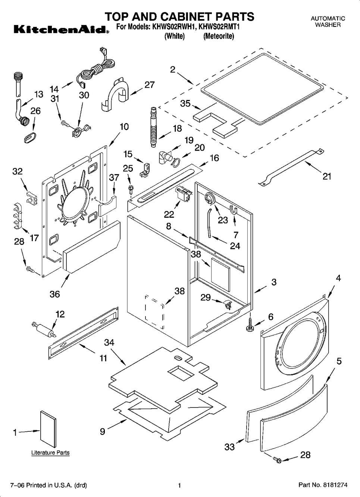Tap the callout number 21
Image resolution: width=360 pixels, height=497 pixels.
[x=327, y=176]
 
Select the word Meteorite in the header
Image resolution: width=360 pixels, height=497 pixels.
[x=219, y=36]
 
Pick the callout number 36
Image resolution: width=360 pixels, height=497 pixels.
[x=55, y=294]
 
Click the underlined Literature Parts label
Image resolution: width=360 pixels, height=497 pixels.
[x=50, y=453]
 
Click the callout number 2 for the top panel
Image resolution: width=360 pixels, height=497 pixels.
[x=173, y=69]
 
